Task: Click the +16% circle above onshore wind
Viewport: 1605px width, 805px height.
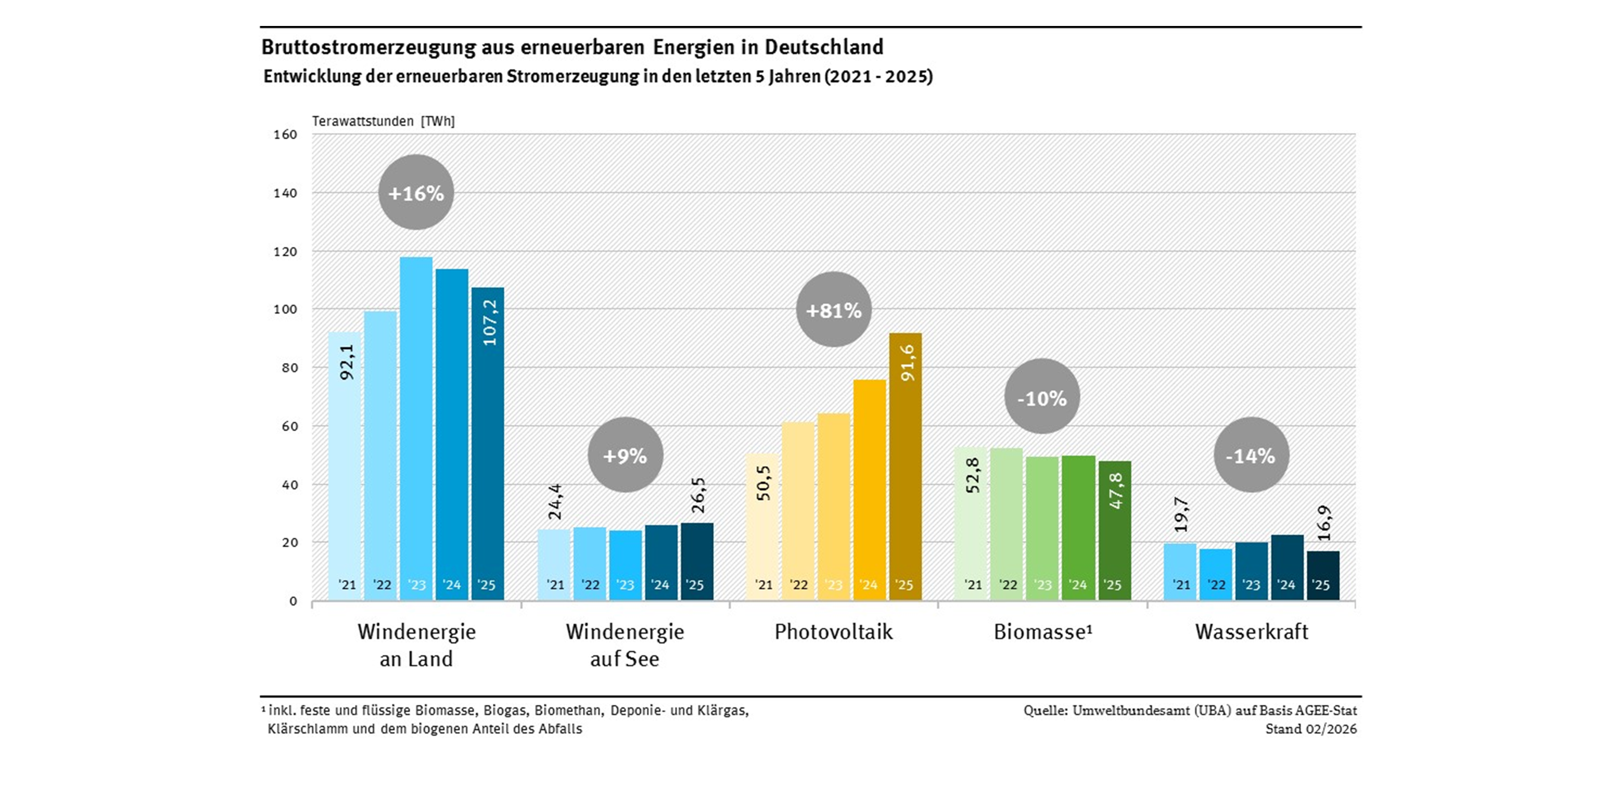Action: pos(416,193)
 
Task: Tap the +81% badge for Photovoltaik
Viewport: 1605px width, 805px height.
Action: pos(834,310)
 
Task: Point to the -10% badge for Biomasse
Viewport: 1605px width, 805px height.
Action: pos(1042,397)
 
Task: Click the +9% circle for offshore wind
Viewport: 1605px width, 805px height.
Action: pos(625,455)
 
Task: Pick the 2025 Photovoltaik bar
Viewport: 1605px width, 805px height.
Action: pos(905,474)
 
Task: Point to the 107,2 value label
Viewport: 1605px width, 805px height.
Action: pos(490,322)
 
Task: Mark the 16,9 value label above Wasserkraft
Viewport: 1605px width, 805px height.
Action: pos(1324,524)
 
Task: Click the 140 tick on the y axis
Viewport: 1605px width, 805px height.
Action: pos(285,193)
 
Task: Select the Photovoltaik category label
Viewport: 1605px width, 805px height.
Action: pos(833,632)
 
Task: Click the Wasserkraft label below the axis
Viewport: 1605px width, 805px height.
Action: pos(1251,632)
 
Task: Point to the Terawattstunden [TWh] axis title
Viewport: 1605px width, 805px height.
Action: pos(383,121)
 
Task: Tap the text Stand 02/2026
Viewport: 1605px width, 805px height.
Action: pos(1310,728)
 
